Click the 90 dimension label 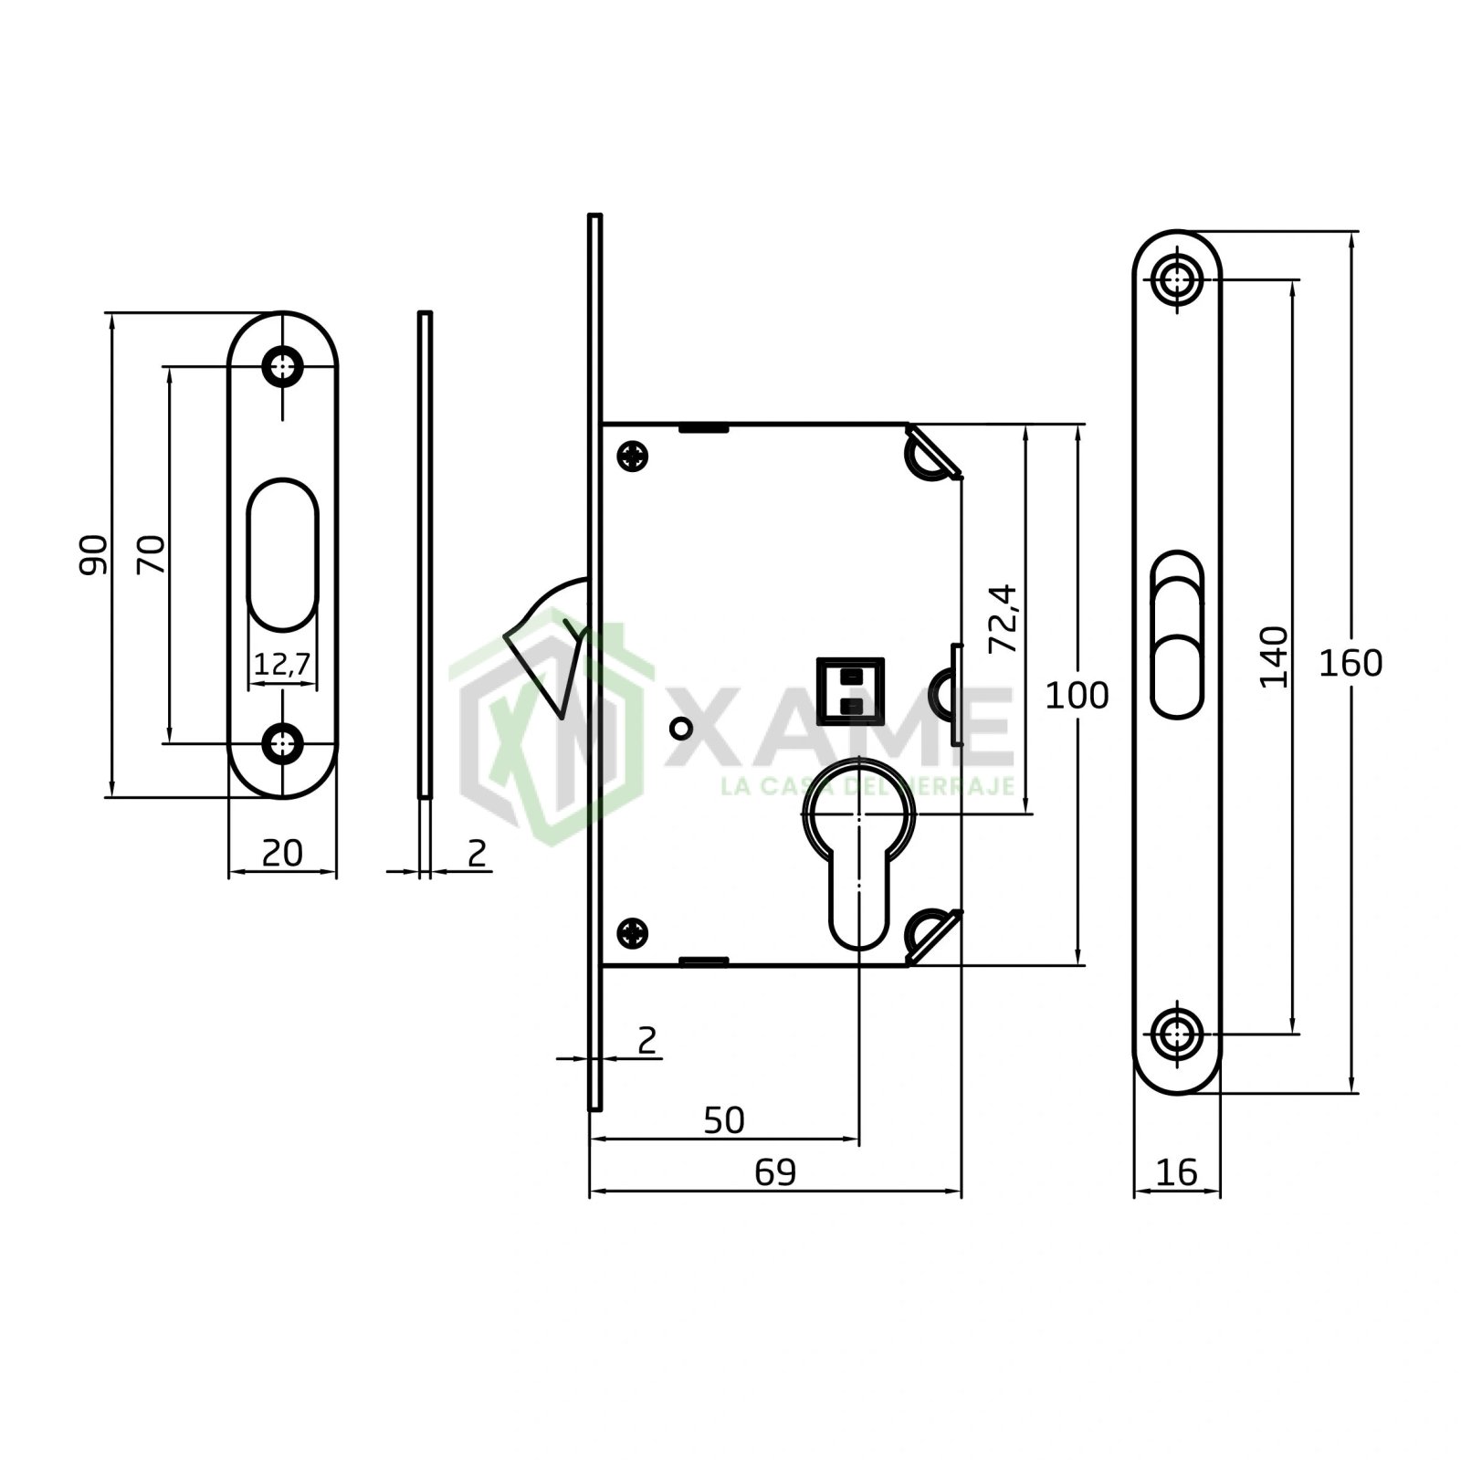click(x=93, y=554)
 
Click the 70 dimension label click(x=152, y=554)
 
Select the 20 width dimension click(x=282, y=853)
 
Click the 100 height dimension click(x=1077, y=696)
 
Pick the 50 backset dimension click(x=724, y=1120)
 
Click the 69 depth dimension click(x=775, y=1171)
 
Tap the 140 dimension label click(x=1274, y=656)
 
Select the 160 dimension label click(x=1351, y=664)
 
